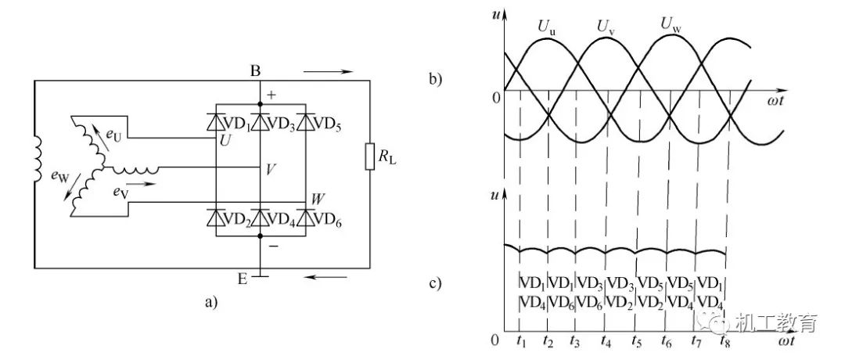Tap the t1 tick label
(521, 341)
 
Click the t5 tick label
(637, 341)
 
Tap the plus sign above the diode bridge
(272, 95)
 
